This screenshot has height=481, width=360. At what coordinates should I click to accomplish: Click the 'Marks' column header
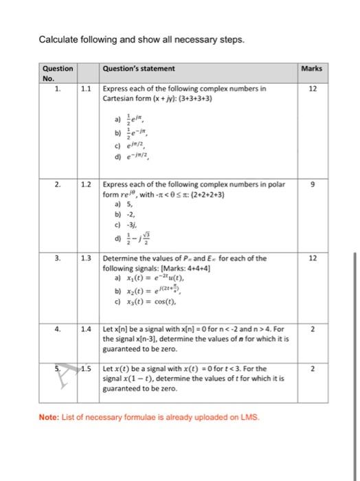click(x=311, y=69)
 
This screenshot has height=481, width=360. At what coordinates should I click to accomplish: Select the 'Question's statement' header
click(x=138, y=69)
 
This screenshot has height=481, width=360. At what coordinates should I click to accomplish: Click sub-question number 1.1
click(x=87, y=89)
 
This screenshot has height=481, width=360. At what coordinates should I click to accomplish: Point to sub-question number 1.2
click(x=87, y=184)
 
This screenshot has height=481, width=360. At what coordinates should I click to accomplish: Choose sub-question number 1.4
click(x=87, y=330)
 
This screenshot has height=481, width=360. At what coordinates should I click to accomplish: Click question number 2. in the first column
click(x=58, y=184)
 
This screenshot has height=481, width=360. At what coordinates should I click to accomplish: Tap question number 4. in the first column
click(x=58, y=330)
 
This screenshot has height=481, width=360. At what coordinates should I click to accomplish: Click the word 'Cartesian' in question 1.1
click(x=119, y=98)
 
